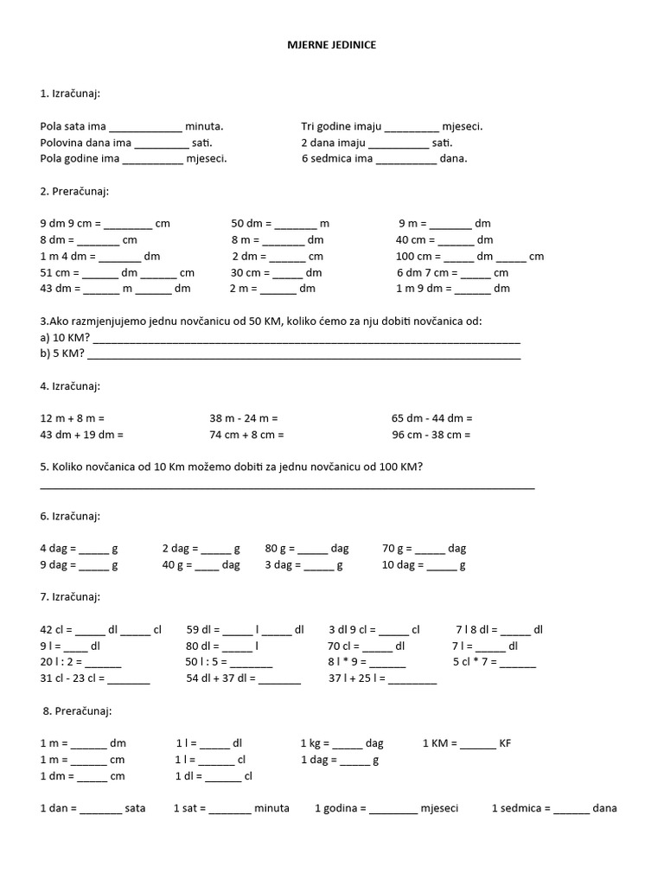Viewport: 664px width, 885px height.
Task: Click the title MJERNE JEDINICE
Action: point(332,43)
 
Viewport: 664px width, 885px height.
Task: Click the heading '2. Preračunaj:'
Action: point(74,191)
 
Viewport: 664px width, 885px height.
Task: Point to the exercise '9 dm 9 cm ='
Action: point(71,223)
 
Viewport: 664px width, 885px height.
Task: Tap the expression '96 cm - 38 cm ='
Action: point(431,435)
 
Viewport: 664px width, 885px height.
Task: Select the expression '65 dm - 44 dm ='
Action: point(431,418)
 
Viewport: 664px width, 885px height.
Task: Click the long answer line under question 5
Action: point(287,488)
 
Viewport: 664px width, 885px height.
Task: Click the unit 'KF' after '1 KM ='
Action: point(506,743)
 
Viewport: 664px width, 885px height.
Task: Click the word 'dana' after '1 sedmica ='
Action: point(605,809)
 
